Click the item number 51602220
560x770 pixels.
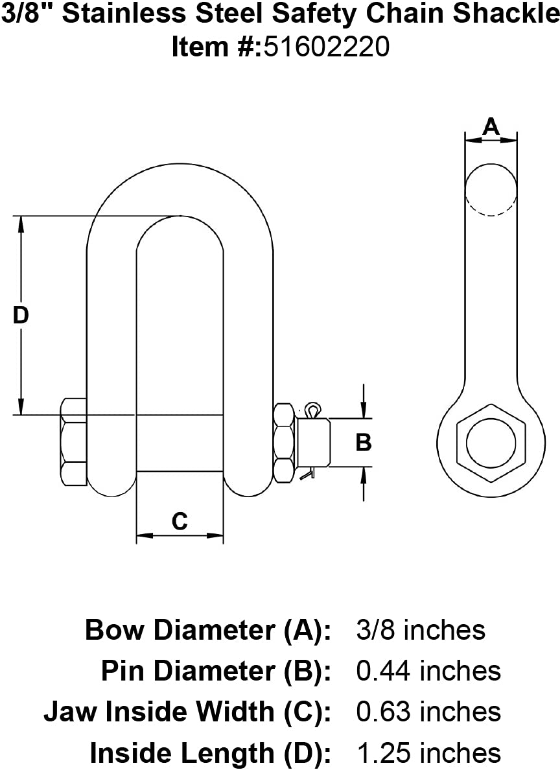(326, 47)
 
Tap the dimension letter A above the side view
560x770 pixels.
(491, 126)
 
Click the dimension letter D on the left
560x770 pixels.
(21, 315)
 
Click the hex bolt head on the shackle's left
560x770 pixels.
(73, 442)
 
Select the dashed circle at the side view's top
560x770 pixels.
(491, 189)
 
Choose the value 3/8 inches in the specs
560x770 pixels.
(421, 629)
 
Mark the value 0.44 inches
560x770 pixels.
(428, 671)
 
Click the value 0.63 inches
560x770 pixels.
(428, 712)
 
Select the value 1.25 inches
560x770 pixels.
(428, 753)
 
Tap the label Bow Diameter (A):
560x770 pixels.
(208, 629)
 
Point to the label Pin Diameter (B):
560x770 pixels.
(216, 671)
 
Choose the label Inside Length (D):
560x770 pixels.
(211, 753)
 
